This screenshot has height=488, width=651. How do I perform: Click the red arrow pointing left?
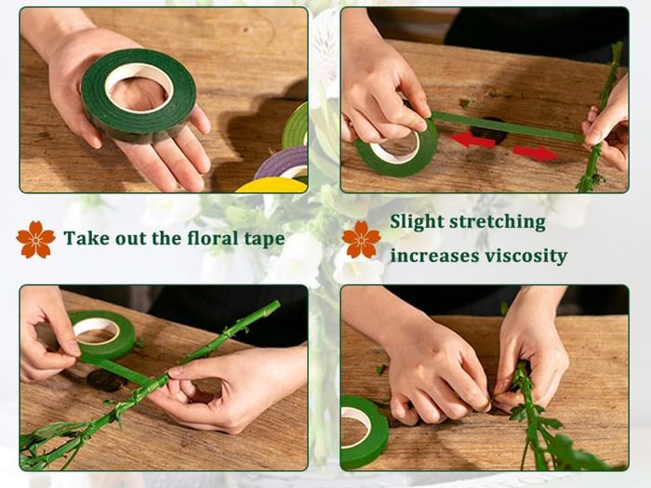(x=472, y=140)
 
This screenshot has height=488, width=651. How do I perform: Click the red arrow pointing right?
(x=537, y=153)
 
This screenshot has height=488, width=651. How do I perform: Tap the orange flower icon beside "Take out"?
(x=35, y=240)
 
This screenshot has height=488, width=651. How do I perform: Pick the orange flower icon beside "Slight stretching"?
(x=361, y=240)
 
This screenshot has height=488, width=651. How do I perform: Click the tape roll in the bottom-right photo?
(x=378, y=431)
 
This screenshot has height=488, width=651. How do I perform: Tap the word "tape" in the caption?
(x=264, y=240)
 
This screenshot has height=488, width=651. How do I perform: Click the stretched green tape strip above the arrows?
(x=508, y=126)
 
